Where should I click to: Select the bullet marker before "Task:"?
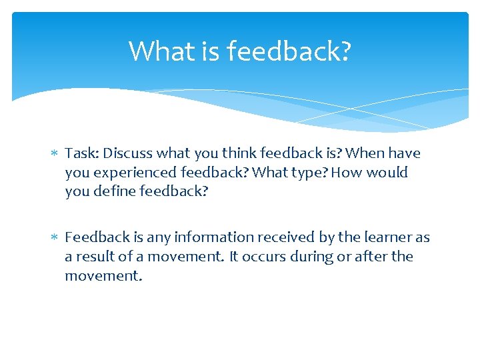coord(55,154)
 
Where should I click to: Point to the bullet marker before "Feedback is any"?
coord(55,238)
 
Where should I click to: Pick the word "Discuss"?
coord(126,153)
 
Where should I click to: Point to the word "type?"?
coord(309,173)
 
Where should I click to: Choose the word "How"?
coord(345,173)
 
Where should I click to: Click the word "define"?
coord(113,191)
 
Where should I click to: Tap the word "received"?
coord(267,237)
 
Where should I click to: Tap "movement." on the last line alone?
coord(103,275)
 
